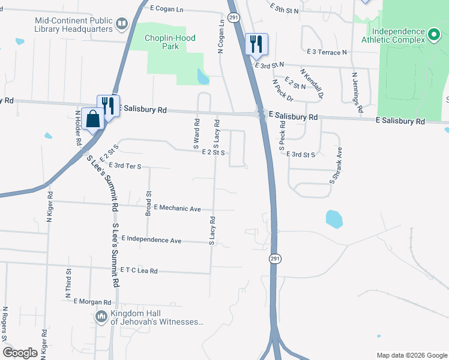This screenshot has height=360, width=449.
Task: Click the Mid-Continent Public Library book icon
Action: [122, 25]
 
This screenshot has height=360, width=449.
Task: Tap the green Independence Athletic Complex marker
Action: [435, 35]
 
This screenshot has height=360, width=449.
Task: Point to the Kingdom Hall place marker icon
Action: [101, 316]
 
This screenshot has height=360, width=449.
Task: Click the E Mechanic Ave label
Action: [177, 208]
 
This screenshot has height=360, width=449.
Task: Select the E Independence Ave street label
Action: [151, 239]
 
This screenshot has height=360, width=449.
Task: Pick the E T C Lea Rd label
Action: [139, 271]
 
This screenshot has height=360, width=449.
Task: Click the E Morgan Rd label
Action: [92, 302]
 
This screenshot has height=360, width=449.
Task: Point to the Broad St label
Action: [148, 203]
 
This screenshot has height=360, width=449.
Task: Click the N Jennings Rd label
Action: [358, 92]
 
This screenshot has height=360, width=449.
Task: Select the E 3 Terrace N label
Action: [327, 52]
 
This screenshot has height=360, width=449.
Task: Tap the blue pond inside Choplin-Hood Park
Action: [203, 76]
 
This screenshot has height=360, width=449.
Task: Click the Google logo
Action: [20, 353]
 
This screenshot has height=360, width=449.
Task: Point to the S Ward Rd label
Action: [196, 133]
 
